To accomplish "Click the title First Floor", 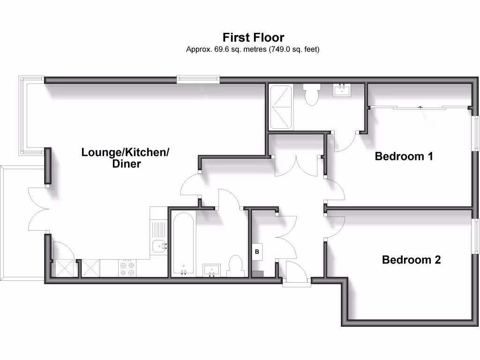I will tap(253, 37).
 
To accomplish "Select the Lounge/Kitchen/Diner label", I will tap(125, 158).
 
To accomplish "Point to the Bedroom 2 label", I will tap(411, 260).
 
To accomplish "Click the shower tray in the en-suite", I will tap(281, 107).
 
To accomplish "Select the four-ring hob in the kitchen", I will tap(127, 268).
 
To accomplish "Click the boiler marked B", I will tap(257, 252).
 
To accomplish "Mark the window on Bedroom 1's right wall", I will tap(475, 133).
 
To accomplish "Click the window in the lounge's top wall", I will tap(198, 80).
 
